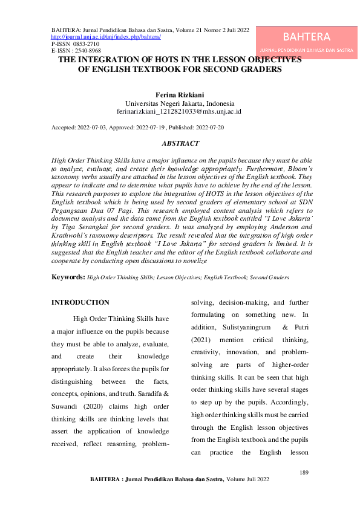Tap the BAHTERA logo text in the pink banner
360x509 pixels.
(x=306, y=37)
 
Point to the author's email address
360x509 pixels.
(x=179, y=112)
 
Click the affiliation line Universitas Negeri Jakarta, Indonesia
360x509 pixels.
(x=179, y=104)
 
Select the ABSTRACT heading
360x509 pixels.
(x=180, y=143)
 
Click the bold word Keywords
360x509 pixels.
(x=67, y=276)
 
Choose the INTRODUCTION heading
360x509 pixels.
(x=80, y=302)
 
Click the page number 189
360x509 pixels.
(x=304, y=472)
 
